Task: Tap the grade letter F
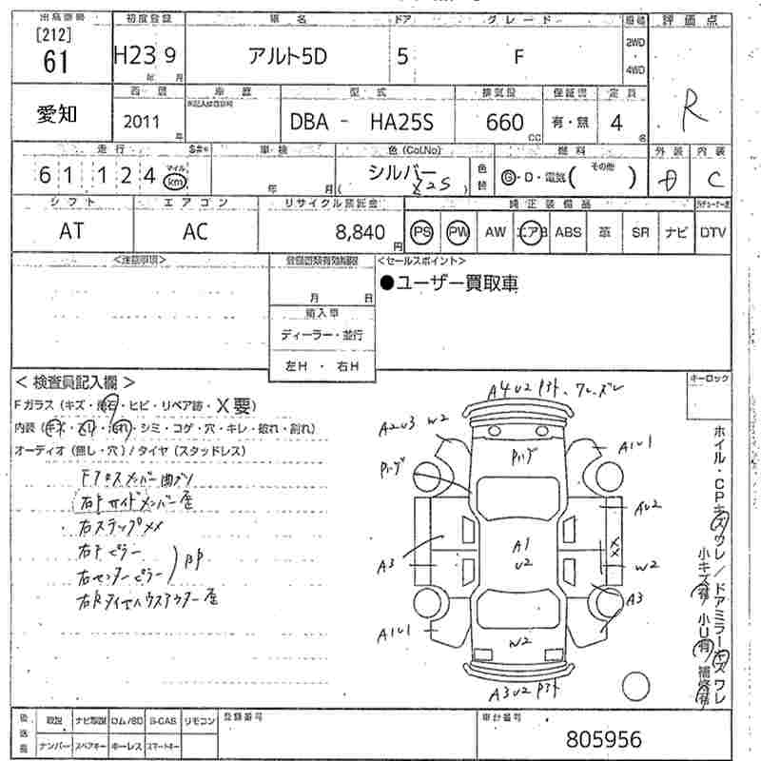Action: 518,55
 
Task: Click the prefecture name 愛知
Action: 58,115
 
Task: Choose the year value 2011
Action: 142,123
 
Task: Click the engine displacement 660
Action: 504,123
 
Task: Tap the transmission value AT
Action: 71,231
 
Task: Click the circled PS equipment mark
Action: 422,231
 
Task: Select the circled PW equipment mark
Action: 459,231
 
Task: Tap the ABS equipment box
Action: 568,231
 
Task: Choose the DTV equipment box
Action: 712,231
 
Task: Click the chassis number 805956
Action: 602,738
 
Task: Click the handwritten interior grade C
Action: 713,180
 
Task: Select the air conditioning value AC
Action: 195,231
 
